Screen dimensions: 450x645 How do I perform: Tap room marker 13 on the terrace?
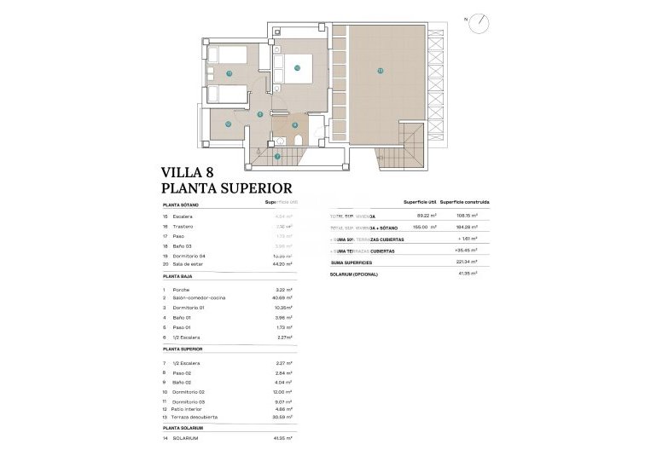(380, 70)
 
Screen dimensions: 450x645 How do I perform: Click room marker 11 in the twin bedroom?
(229, 74)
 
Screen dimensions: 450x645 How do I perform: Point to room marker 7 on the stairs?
(277, 156)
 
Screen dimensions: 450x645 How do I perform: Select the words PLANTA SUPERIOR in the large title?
(227, 188)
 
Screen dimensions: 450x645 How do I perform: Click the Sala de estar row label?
(192, 265)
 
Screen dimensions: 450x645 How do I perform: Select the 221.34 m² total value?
(464, 263)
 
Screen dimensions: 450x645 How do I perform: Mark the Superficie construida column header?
(464, 202)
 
